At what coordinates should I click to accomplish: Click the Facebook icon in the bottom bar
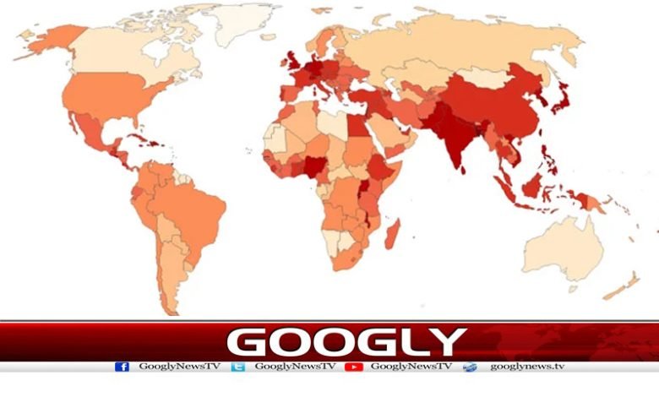pos(122,367)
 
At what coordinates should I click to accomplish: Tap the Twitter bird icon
pos(238,367)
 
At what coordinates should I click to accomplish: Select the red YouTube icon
pos(354,367)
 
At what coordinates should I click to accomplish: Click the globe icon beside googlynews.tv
pos(470,367)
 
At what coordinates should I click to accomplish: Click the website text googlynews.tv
pos(526,367)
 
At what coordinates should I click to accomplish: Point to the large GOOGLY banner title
pos(346,342)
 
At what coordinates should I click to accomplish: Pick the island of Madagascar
pos(392,232)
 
